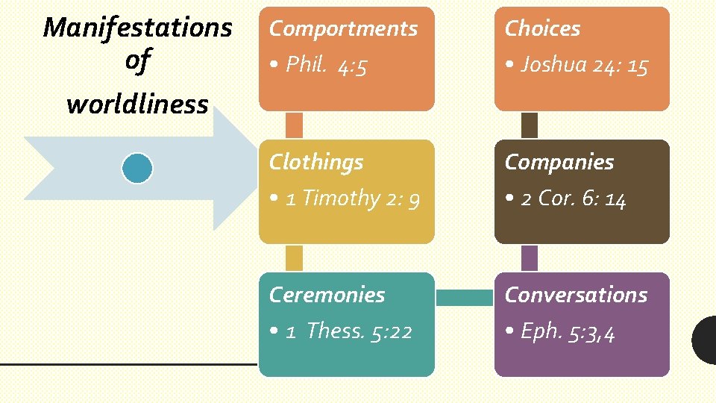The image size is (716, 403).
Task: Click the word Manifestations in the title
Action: [138, 28]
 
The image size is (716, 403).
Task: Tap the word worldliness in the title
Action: [137, 104]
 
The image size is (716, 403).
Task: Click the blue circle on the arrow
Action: [137, 169]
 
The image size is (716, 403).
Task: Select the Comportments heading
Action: [343, 28]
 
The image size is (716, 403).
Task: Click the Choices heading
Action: [542, 28]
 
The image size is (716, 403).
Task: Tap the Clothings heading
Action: [316, 162]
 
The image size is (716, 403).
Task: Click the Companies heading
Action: [559, 162]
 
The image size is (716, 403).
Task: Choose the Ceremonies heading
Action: [327, 295]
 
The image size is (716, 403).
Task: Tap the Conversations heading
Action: [576, 295]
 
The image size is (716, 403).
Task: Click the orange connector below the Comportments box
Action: [294, 125]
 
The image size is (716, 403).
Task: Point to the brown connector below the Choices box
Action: [530, 125]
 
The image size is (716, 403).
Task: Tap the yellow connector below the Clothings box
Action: [294, 257]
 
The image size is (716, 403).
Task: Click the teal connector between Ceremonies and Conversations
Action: [464, 298]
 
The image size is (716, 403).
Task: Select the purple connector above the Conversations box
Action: [530, 257]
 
